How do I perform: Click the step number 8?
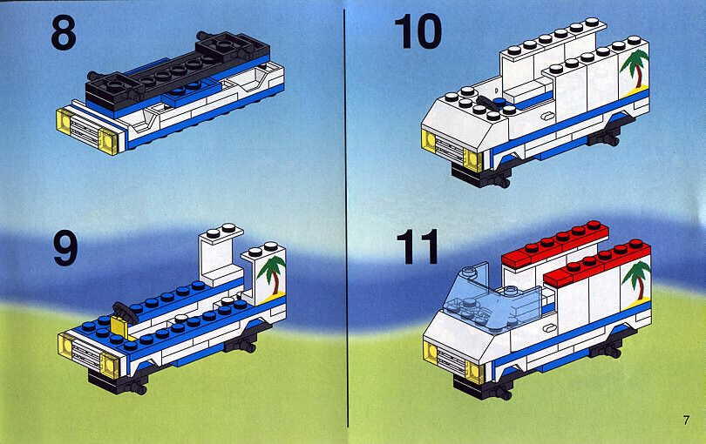click(x=64, y=33)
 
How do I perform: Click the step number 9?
click(x=65, y=248)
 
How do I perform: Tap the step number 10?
click(x=417, y=31)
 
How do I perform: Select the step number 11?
click(x=417, y=246)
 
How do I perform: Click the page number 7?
click(x=686, y=420)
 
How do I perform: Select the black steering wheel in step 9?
click(x=126, y=311)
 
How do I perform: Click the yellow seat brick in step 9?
click(x=119, y=327)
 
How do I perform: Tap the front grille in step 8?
click(x=85, y=127)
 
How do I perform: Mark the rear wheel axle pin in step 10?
click(x=608, y=139)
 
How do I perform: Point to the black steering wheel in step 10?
click(x=487, y=102)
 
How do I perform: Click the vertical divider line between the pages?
click(x=346, y=219)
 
